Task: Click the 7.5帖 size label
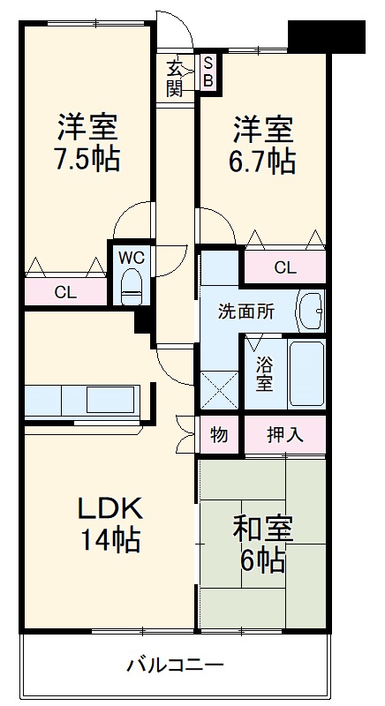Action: pos(87,161)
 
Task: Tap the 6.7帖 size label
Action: pos(264,161)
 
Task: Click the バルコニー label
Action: pos(174,664)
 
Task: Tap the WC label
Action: pos(132,257)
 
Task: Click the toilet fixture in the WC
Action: pos(132,286)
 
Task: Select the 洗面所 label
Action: pos(246,311)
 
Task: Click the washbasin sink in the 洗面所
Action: pos(310,310)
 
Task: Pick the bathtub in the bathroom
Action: pos(306,372)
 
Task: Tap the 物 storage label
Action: pos(218,433)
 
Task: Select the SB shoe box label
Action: pos(208,71)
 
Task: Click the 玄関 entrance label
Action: pos(176,77)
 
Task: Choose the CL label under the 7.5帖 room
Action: pos(65,291)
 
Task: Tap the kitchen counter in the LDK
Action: pos(81,400)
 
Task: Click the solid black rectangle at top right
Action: pos(327,34)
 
